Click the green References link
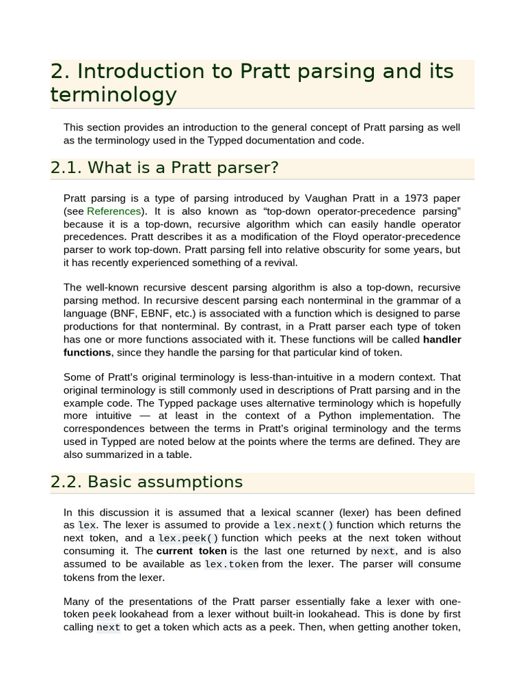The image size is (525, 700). pyautogui.click(x=113, y=211)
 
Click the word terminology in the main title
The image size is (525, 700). pyautogui.click(x=113, y=94)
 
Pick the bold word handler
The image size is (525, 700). pyautogui.click(x=442, y=339)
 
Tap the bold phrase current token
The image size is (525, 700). pyautogui.click(x=191, y=551)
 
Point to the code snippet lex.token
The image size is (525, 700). pyautogui.click(x=232, y=564)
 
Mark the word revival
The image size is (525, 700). pyautogui.click(x=280, y=263)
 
